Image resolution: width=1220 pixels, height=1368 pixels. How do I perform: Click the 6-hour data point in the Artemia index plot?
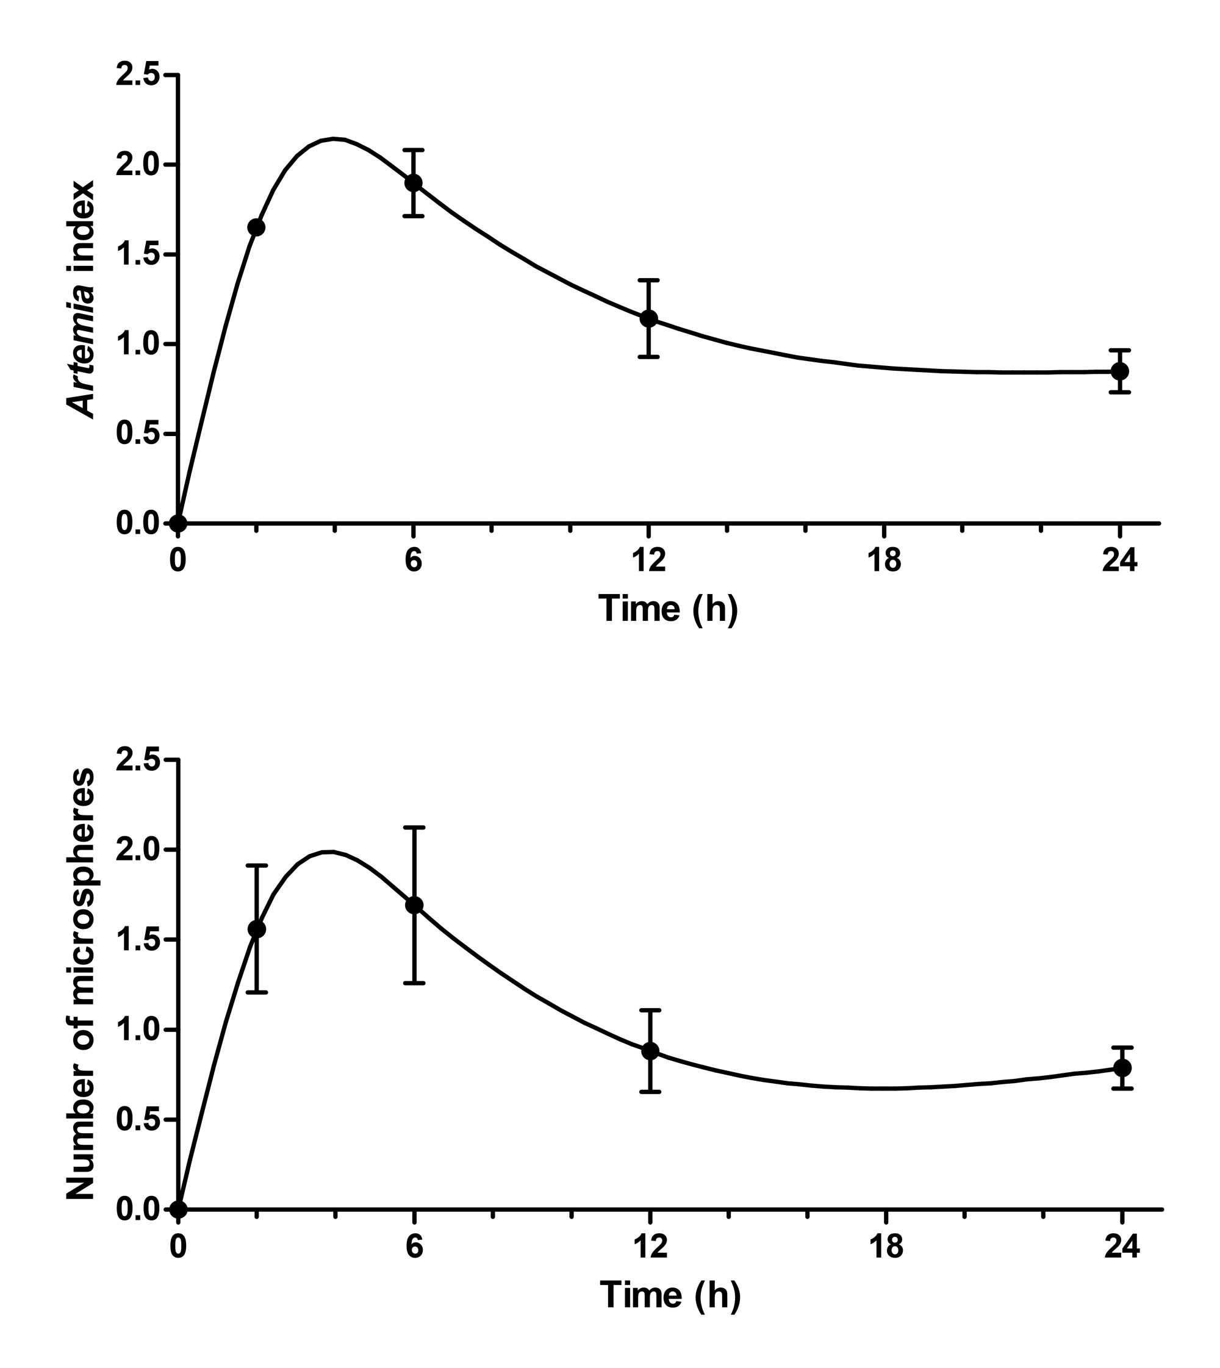(414, 182)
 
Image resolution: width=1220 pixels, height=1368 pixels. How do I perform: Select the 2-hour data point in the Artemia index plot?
(256, 227)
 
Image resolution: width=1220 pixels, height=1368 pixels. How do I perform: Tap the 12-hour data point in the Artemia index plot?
(649, 318)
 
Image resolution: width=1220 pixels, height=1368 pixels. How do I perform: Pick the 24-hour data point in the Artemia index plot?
(1119, 371)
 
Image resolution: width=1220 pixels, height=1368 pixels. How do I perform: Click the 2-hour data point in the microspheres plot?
(257, 929)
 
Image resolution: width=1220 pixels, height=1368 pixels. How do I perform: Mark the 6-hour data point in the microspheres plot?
(414, 905)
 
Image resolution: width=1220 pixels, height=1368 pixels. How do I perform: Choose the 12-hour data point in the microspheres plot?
(650, 1051)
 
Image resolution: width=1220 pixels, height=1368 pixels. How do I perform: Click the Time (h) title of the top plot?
(669, 609)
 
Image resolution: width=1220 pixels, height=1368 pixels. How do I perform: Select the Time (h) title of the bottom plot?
(670, 1295)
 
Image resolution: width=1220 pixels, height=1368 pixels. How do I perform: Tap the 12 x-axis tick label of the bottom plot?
(650, 1247)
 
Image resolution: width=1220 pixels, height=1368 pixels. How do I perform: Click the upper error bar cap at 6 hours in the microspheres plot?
(414, 828)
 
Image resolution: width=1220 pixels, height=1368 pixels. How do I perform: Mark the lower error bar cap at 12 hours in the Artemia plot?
(649, 357)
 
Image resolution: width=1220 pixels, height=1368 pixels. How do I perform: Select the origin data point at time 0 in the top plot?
(178, 523)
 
